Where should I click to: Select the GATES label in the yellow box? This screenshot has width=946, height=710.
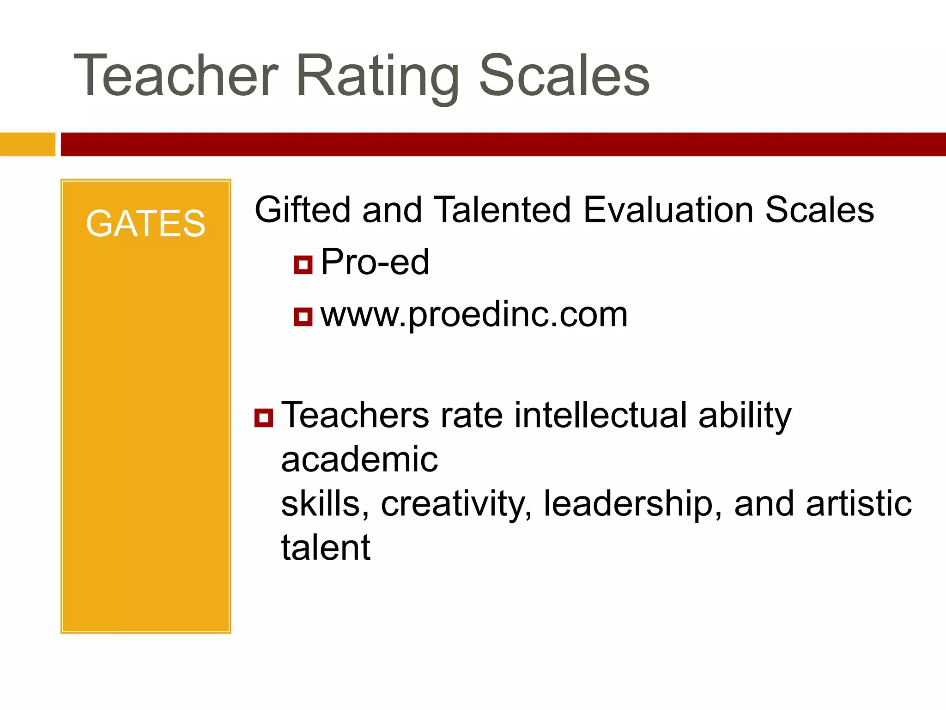(146, 224)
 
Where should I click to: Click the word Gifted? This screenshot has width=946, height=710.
(303, 210)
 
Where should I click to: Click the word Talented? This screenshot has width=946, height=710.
(503, 210)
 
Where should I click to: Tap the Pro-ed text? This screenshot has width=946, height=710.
(375, 262)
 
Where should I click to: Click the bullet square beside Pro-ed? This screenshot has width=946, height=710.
(303, 265)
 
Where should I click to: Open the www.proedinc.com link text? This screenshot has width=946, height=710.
(474, 315)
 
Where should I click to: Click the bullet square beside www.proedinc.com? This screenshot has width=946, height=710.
(303, 317)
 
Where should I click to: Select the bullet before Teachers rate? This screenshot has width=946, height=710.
(264, 417)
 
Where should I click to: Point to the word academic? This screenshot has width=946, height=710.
(359, 459)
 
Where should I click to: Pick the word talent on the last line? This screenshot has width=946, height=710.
(326, 548)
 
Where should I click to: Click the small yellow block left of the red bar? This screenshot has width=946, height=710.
(27, 144)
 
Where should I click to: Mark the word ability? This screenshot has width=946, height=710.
(745, 416)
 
